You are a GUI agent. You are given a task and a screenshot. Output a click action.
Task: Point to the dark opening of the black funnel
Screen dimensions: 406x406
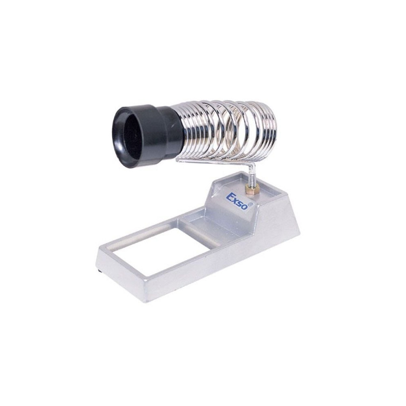tap(128, 139)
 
